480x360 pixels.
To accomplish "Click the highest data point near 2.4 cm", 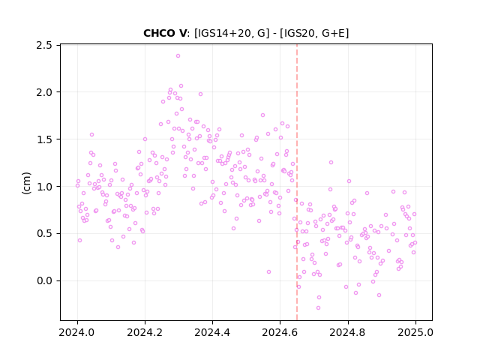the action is tap(178, 55).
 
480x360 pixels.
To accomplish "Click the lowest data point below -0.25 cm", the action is tap(318, 307).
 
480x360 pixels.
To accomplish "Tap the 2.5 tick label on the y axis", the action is tap(44, 45).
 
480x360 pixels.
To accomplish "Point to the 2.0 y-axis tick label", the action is tap(44, 92).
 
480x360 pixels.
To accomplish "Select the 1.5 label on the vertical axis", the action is tap(44, 139).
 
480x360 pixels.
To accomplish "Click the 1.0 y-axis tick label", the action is tap(44, 187).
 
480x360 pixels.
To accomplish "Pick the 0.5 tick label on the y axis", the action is tap(44, 233).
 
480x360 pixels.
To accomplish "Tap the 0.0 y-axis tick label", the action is tap(44, 280).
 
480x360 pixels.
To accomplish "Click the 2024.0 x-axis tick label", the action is tap(77, 332).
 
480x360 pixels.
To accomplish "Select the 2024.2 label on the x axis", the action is tap(145, 332).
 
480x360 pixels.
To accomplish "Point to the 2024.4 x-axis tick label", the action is tap(212, 332).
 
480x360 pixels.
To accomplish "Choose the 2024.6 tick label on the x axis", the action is tap(280, 332).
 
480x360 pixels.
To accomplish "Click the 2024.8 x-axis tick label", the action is tap(347, 332).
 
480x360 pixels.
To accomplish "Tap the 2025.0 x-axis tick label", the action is tap(415, 332).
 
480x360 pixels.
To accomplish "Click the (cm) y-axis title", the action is tap(26, 183).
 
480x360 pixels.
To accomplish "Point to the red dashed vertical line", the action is tap(297, 182).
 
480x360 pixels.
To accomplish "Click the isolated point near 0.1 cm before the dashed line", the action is tap(268, 271).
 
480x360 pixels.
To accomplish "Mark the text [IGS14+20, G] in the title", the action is tap(232, 33).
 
